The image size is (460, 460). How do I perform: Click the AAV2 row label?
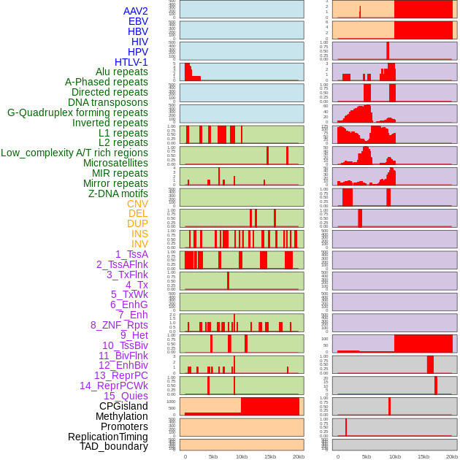click(135, 12)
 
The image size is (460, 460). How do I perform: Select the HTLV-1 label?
click(131, 62)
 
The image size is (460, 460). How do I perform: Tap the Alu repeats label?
click(122, 72)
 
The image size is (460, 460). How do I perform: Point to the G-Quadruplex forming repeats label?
click(77, 112)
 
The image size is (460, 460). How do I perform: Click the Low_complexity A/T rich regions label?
click(74, 153)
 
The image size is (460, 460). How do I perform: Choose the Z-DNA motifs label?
click(118, 193)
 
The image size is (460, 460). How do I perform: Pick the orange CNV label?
click(137, 204)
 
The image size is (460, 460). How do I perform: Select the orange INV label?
click(139, 244)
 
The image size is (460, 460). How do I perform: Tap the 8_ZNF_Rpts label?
click(119, 325)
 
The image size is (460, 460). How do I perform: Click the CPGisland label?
click(123, 406)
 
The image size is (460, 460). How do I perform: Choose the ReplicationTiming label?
click(107, 437)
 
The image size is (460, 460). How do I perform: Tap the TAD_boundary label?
click(113, 446)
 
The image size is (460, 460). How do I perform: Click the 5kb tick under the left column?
click(213, 457)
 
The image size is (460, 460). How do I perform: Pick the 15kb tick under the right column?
click(423, 457)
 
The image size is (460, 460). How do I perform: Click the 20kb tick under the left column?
click(298, 457)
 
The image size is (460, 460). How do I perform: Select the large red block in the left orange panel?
click(270, 407)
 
